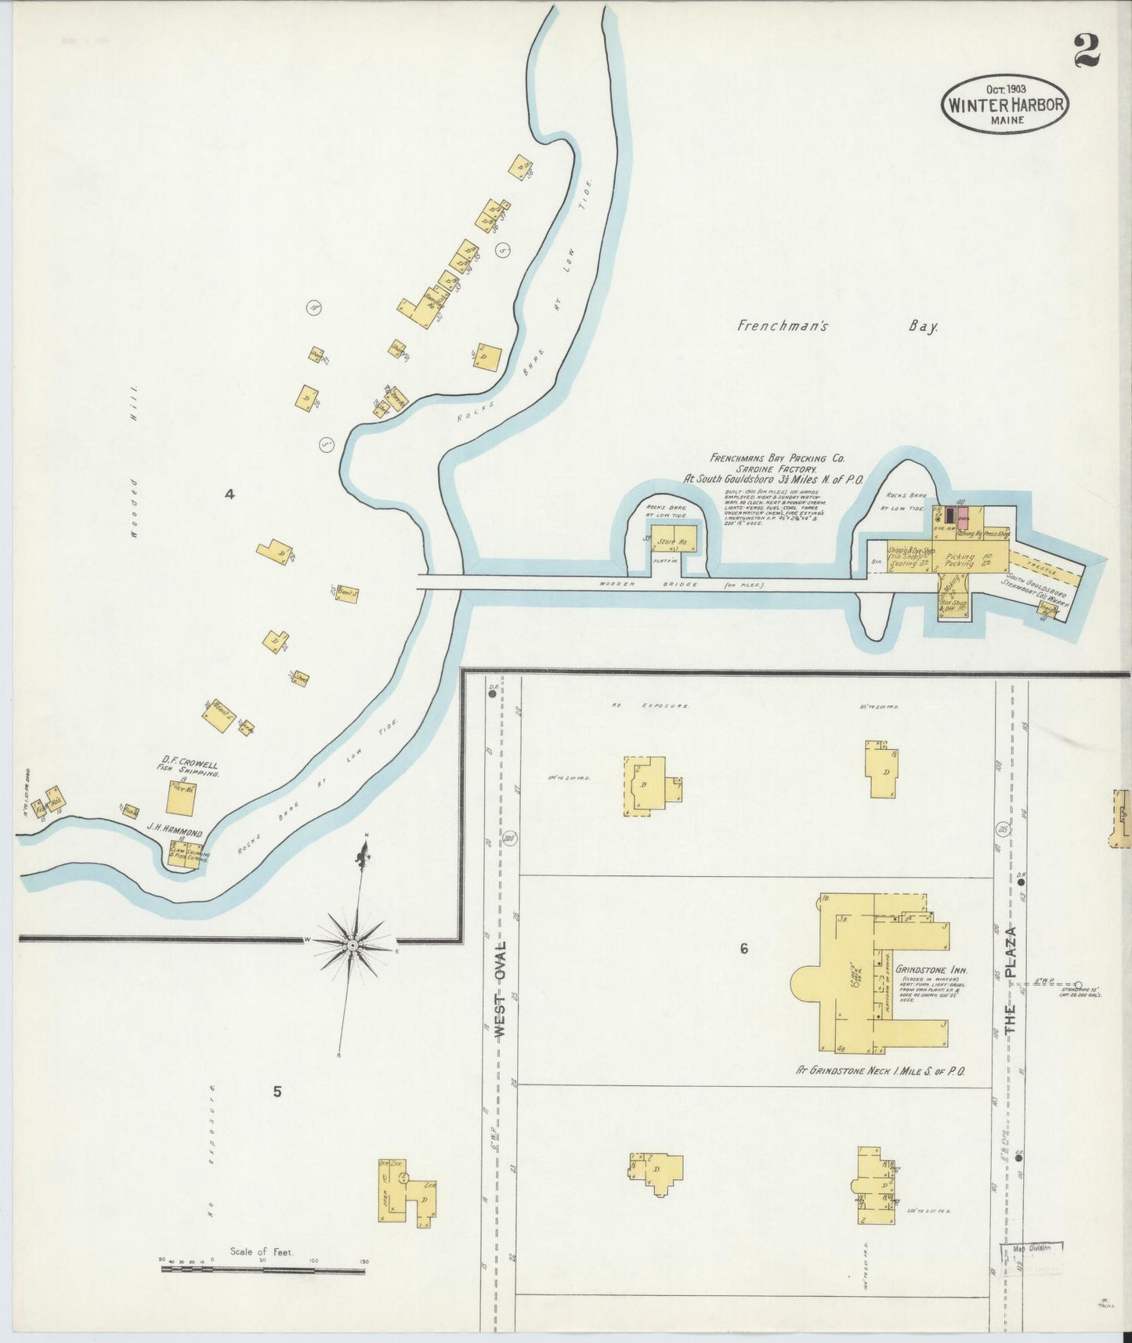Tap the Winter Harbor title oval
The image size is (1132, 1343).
(1006, 103)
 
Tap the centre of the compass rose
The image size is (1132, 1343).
(353, 946)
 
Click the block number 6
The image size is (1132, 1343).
(743, 949)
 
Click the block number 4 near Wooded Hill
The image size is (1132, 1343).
(230, 494)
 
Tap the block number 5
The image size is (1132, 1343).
(277, 1092)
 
